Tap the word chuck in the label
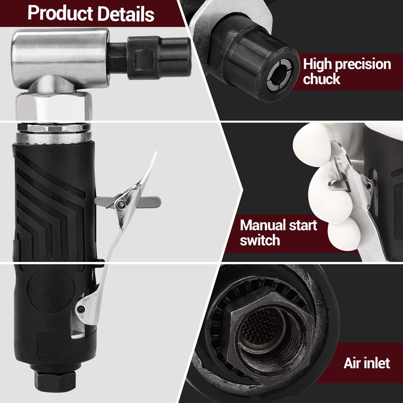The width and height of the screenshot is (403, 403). click(x=321, y=79)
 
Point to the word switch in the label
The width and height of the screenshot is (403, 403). click(x=259, y=240)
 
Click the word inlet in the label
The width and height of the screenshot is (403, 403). click(x=377, y=363)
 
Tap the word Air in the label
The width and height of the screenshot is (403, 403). click(x=353, y=363)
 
